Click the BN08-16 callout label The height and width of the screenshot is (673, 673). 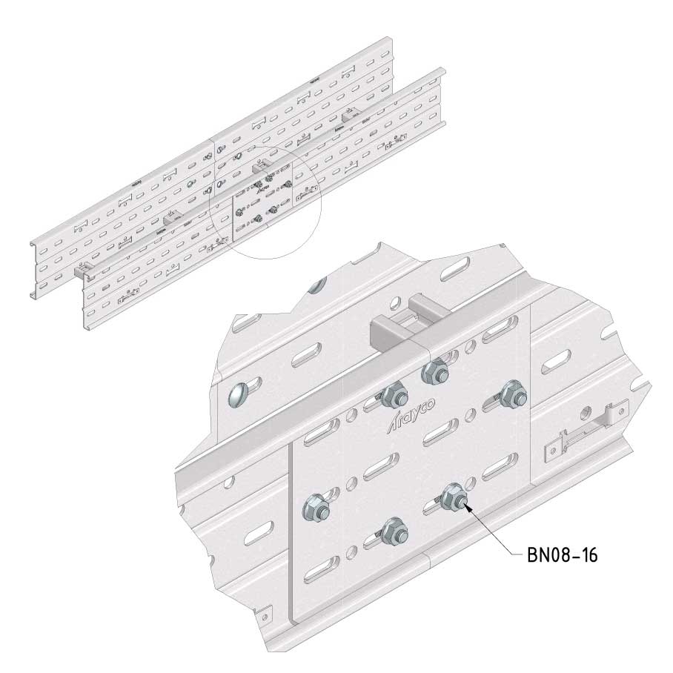tap(562, 555)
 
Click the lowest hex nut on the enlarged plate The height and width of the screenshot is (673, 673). tap(394, 531)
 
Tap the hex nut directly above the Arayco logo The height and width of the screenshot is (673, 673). tap(394, 395)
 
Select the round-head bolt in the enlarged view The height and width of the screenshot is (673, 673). tap(239, 395)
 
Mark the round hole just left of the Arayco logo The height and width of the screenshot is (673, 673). tap(351, 414)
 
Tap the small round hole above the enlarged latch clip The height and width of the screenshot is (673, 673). tap(584, 414)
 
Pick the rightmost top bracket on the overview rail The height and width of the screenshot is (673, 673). tap(352, 114)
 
